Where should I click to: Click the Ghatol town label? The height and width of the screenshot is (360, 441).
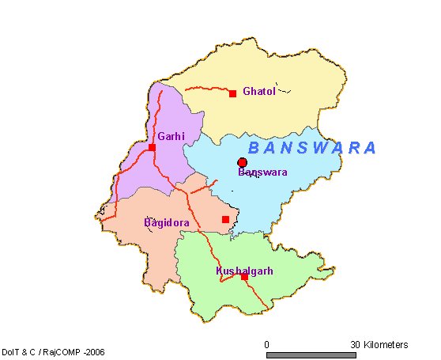(259, 91)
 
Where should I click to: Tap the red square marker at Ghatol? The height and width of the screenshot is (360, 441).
(232, 94)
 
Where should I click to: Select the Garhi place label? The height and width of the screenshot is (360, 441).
(171, 137)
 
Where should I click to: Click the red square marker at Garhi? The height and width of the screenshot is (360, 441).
(152, 147)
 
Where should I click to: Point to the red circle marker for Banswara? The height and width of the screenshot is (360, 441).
(243, 163)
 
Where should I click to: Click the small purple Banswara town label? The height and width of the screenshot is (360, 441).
(262, 172)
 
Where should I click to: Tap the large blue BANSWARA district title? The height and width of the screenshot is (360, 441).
(312, 148)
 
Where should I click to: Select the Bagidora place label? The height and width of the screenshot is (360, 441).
(166, 223)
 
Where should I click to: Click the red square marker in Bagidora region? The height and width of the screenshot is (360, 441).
(225, 219)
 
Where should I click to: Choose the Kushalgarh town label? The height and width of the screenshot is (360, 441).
(244, 271)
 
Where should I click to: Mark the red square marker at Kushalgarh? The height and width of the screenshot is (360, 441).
(244, 277)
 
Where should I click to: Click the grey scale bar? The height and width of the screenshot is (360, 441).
(313, 355)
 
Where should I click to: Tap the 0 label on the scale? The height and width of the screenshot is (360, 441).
(267, 345)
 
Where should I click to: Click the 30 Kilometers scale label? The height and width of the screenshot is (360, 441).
(379, 345)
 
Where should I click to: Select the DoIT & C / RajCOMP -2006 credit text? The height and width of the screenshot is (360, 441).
(53, 351)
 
